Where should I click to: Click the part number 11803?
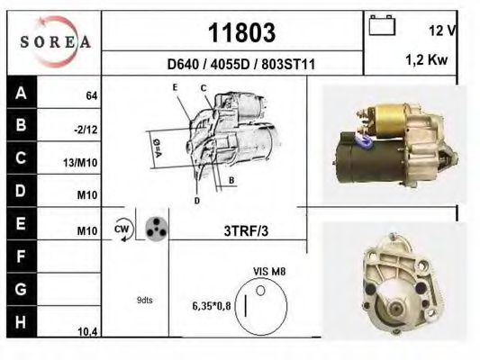click(x=241, y=33)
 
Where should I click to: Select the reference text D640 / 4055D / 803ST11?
click(x=240, y=65)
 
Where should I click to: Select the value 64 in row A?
click(x=90, y=95)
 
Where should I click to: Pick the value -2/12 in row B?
click(x=86, y=129)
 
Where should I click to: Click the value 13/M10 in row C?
click(x=83, y=163)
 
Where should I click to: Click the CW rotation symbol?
click(x=122, y=230)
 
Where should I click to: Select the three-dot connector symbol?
click(x=156, y=229)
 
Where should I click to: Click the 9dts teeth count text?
click(x=144, y=300)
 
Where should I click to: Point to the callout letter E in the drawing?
click(x=175, y=85)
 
